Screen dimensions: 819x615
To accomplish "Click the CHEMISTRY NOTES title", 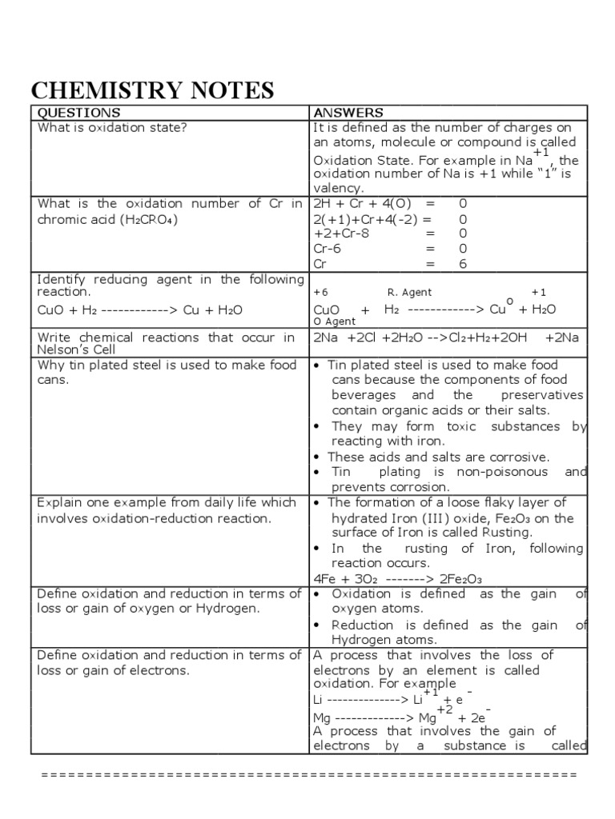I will [x=152, y=89].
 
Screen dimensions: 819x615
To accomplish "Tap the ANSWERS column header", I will [x=348, y=113].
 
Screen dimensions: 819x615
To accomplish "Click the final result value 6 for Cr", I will [x=462, y=263].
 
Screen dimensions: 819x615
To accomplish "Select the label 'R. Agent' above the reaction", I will [x=409, y=293].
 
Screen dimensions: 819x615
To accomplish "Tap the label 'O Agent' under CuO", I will [x=335, y=322].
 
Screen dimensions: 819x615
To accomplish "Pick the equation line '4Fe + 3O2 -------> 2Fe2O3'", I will [x=396, y=579].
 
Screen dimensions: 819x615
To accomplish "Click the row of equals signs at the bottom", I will [x=308, y=775].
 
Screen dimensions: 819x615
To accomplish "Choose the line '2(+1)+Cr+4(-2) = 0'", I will [x=390, y=219].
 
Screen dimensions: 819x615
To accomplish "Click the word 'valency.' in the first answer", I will [x=339, y=189].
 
